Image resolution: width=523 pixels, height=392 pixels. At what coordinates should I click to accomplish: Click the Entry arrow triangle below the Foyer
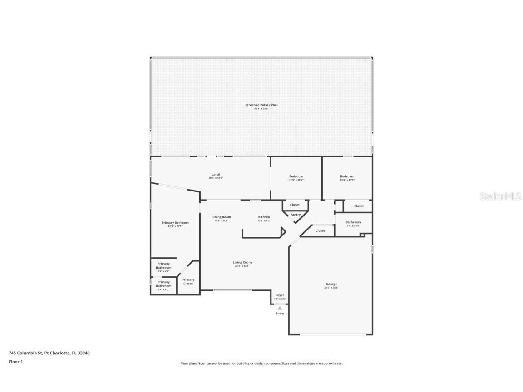[x=280, y=308]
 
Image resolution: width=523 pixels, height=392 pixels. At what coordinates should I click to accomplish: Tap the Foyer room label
[x=280, y=295]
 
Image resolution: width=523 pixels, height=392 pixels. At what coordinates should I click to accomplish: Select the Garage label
[x=331, y=284]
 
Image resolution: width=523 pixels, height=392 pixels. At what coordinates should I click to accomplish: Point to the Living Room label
[x=242, y=262]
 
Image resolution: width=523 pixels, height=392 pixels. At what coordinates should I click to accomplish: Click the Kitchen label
[x=264, y=217]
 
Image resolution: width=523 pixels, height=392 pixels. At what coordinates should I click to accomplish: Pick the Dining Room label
[x=221, y=217]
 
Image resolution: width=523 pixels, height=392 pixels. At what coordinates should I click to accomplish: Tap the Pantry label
[x=295, y=215]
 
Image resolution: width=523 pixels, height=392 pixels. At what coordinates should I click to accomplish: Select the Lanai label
[x=216, y=174]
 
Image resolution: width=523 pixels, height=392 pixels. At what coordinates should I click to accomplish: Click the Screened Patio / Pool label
[x=261, y=105]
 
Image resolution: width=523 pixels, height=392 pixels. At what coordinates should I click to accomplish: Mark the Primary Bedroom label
[x=175, y=223]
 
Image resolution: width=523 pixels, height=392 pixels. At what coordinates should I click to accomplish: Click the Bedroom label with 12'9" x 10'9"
[x=296, y=176]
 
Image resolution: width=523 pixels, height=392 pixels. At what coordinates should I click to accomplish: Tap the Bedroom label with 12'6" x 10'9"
[x=347, y=176]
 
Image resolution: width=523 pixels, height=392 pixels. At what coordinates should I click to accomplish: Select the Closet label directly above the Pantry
[x=295, y=205]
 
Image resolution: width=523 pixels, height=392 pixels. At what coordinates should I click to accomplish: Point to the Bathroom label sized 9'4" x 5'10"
[x=353, y=222]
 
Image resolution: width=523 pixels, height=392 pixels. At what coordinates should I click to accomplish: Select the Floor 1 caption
[x=15, y=362]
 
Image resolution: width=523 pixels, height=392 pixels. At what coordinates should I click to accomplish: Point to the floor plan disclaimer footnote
[x=261, y=363]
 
